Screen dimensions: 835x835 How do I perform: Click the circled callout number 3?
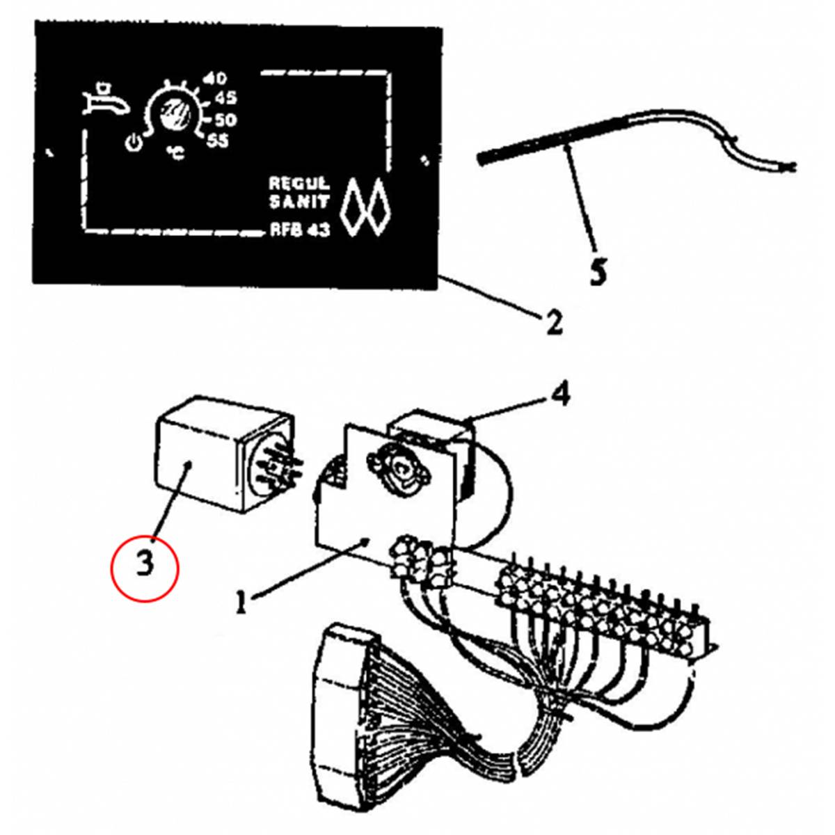click(145, 566)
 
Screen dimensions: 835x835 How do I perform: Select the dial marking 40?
click(214, 79)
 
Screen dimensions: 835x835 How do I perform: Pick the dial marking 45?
click(224, 99)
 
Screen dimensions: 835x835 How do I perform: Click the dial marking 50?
click(225, 120)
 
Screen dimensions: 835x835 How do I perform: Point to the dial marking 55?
click(217, 141)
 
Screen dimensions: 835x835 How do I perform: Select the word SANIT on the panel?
click(299, 202)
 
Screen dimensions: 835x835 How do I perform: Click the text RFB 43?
click(300, 230)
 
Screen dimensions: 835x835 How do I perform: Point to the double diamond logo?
click(365, 207)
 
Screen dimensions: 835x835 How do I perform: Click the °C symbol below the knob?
click(175, 151)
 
